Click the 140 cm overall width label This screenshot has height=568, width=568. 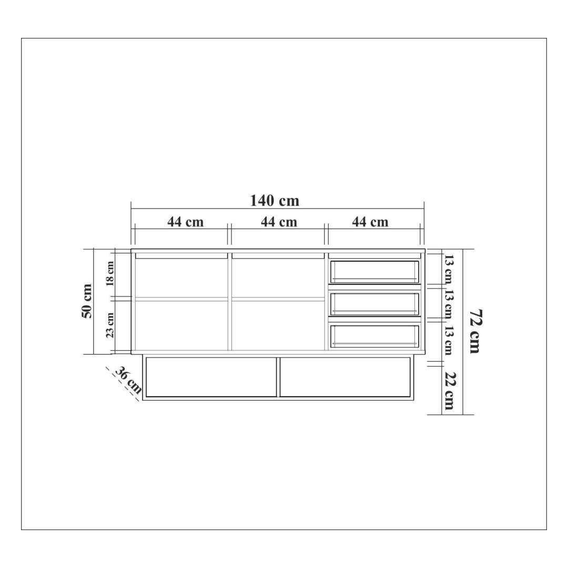(275, 201)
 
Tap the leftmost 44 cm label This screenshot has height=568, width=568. (186, 222)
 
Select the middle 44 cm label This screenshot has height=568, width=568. (279, 222)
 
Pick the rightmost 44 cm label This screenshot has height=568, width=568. (370, 222)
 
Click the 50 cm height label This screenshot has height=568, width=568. (87, 301)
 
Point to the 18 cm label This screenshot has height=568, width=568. (110, 273)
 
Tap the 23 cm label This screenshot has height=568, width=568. (110, 325)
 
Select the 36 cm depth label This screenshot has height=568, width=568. (128, 380)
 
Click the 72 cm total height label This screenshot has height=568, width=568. (475, 331)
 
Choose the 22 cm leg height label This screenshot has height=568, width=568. (449, 390)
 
